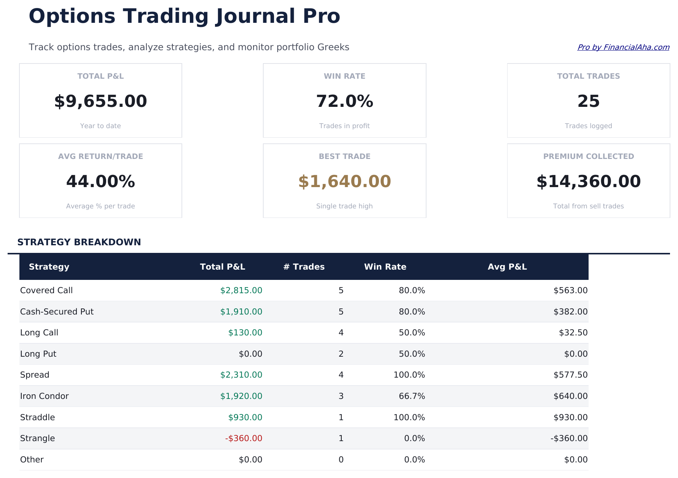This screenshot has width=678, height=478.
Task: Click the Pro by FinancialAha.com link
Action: click(623, 47)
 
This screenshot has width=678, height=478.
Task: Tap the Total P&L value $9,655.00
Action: click(100, 102)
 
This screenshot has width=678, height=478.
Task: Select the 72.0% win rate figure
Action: click(344, 102)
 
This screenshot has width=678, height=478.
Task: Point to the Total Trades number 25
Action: click(588, 102)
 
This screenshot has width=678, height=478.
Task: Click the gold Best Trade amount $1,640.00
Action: click(344, 182)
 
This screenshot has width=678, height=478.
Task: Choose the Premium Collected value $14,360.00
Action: click(588, 182)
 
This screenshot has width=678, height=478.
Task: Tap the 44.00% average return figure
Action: click(100, 182)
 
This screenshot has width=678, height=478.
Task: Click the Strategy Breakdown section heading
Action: click(79, 242)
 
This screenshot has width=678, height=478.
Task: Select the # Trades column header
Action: click(304, 267)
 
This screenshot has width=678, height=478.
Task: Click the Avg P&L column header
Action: click(507, 267)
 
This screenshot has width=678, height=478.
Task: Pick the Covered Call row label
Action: click(46, 291)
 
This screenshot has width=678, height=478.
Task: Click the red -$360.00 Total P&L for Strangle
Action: click(244, 438)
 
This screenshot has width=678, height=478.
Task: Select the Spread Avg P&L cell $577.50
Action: click(570, 375)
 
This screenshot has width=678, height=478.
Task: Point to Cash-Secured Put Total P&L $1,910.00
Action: click(241, 312)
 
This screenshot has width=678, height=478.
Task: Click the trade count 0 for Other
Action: click(341, 460)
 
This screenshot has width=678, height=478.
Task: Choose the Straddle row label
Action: click(38, 418)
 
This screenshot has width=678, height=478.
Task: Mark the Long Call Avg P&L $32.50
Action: click(573, 333)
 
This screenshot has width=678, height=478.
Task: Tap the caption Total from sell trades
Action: click(588, 206)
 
